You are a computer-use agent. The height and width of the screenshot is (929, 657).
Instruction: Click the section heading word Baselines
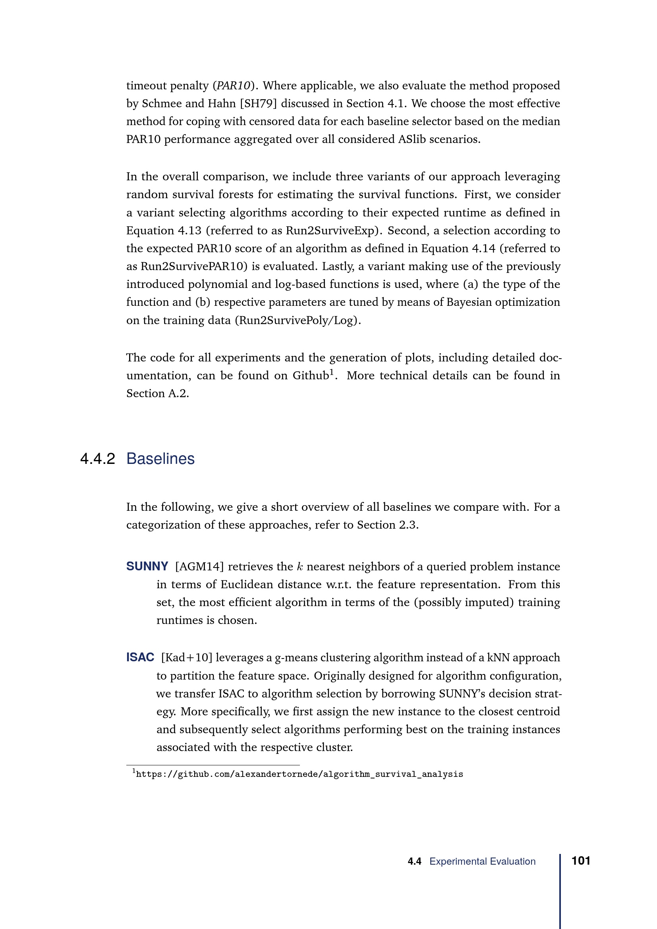160,459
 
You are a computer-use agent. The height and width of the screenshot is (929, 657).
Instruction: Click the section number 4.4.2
97,459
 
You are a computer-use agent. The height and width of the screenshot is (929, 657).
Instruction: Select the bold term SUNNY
147,566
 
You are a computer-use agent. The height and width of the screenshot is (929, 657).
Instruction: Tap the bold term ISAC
140,657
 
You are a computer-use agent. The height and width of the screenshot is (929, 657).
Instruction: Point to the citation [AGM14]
199,566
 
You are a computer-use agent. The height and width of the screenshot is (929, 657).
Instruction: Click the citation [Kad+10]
187,657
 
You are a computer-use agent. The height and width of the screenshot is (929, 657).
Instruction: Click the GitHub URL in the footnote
300,774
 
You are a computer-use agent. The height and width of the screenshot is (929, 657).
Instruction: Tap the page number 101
581,861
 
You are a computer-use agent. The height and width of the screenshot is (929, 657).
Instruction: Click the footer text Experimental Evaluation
482,861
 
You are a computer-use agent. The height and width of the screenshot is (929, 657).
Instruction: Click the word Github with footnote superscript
310,375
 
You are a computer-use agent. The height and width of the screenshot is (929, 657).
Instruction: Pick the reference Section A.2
157,394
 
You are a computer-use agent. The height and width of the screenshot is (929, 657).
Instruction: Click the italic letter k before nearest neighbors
300,566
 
